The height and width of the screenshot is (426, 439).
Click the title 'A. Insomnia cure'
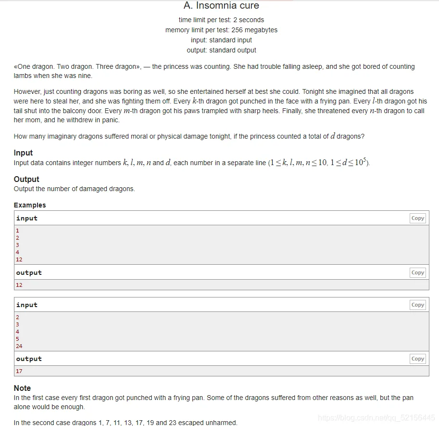tap(221, 6)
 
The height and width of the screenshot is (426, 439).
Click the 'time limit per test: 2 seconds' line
tap(221, 20)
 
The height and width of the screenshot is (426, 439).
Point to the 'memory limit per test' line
tap(221, 30)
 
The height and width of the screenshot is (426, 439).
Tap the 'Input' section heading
tap(23, 153)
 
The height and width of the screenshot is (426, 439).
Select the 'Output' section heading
tap(26, 179)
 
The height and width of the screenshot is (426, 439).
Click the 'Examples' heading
tap(30, 205)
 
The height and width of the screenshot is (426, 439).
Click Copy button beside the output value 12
tap(417, 272)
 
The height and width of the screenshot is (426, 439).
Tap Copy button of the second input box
tap(417, 305)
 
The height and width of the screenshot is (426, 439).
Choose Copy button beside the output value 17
tap(417, 359)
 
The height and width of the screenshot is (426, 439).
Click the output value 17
tap(19, 371)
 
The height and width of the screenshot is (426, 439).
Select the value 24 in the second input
tap(19, 346)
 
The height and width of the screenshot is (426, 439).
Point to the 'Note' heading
tap(22, 388)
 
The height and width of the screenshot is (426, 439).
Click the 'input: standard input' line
tap(221, 40)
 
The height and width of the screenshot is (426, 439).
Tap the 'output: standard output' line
tap(221, 50)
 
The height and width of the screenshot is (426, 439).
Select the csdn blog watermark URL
tap(376, 418)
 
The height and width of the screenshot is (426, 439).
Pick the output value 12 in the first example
tap(19, 285)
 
